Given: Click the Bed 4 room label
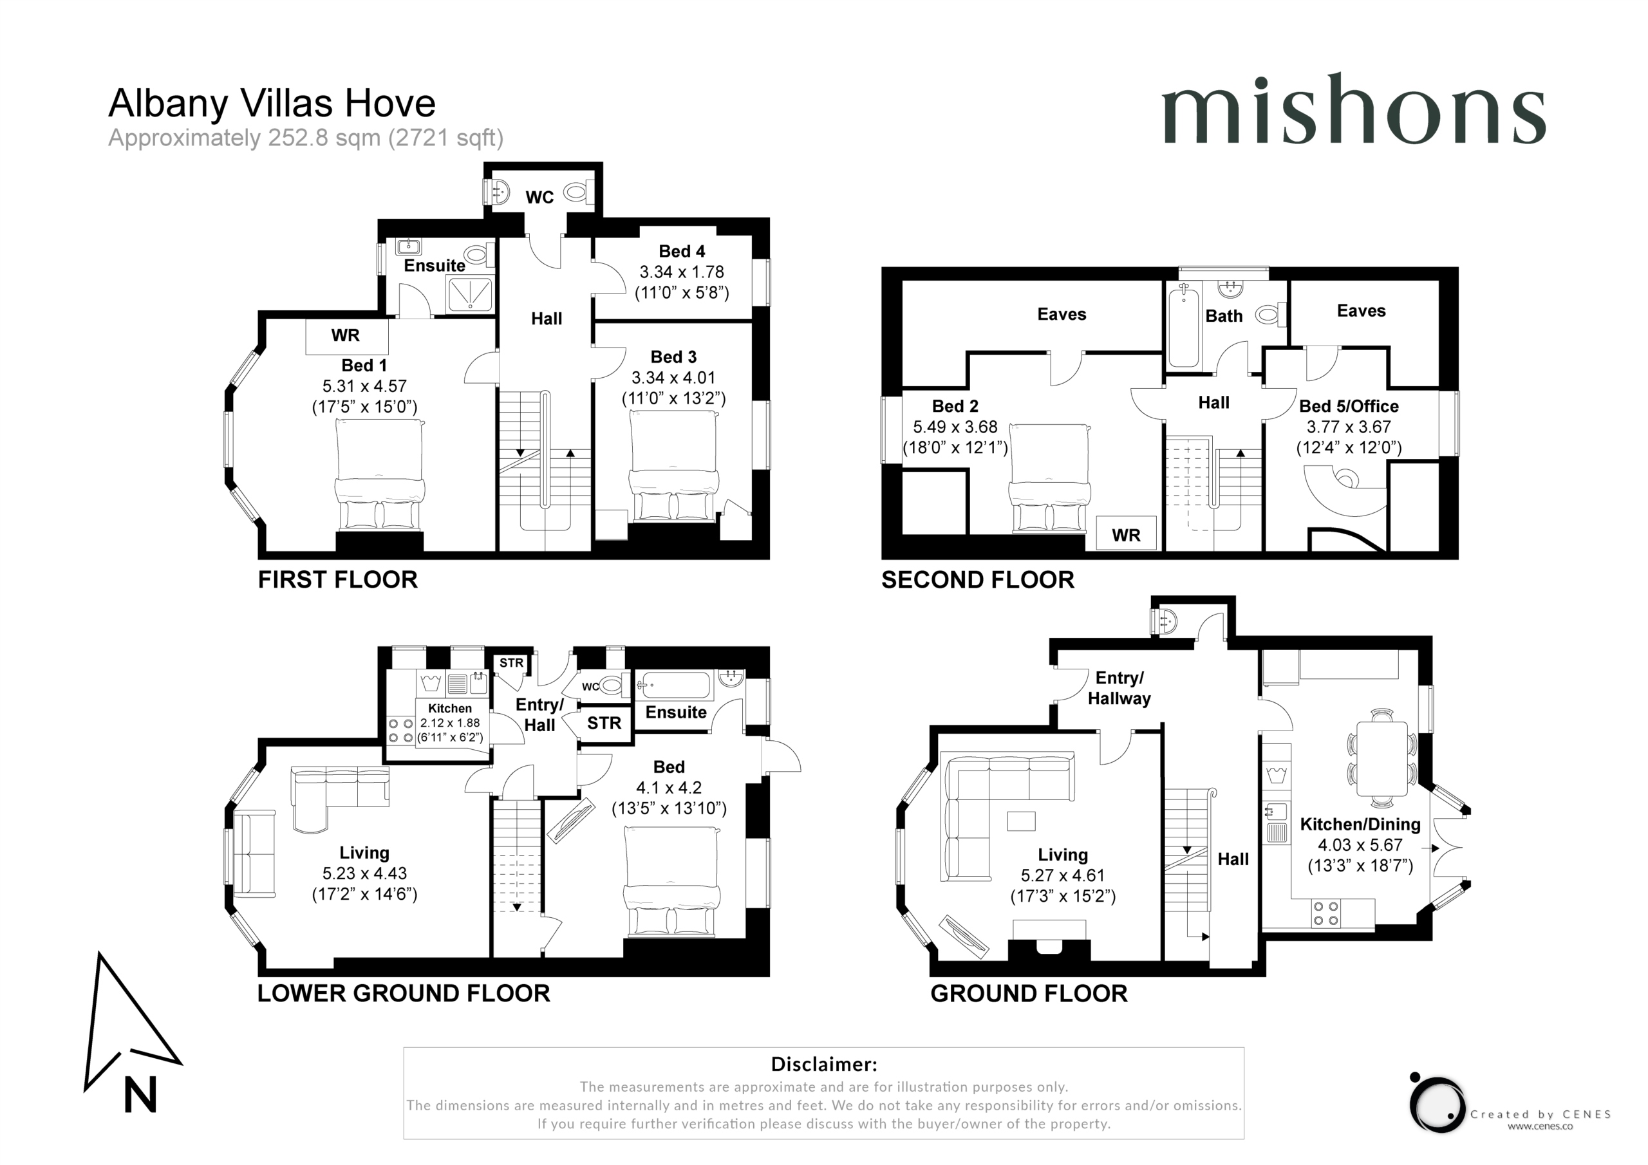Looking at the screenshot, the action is [x=682, y=251].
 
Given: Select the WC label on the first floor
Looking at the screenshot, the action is [x=539, y=198].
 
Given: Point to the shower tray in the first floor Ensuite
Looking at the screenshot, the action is [x=470, y=294].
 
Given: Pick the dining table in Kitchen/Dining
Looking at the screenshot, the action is [x=1381, y=758].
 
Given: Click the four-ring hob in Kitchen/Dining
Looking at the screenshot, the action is [x=1325, y=913].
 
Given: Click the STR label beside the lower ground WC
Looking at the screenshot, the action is [x=604, y=723].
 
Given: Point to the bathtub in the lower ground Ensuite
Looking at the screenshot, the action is [x=675, y=685].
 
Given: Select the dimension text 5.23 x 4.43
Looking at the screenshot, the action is [x=364, y=873].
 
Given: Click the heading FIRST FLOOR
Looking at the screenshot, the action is [x=337, y=579].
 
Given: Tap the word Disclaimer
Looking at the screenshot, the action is [x=824, y=1064].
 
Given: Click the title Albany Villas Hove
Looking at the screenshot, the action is [x=272, y=104].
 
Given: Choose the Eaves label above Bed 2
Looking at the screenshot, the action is [x=1062, y=313].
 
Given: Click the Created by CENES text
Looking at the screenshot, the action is [x=1540, y=1114].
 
